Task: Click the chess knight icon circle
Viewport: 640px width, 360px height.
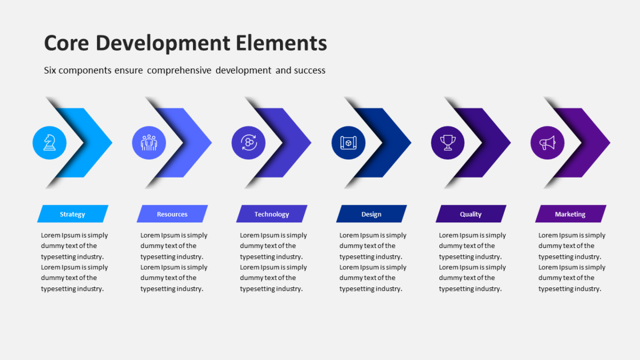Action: [x=50, y=142]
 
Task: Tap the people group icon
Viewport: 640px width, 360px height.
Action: [x=149, y=142]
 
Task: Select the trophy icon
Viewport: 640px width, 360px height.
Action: [x=447, y=142]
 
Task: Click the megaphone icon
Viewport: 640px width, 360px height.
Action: [x=547, y=142]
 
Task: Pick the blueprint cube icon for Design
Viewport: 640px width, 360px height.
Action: [x=348, y=142]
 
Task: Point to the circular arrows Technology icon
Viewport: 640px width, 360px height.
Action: [x=249, y=142]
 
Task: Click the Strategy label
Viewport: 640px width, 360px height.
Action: [x=73, y=214]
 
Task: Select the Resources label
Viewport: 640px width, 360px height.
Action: [x=172, y=214]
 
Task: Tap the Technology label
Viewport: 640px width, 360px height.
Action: [x=271, y=214]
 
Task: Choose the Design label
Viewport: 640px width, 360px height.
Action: [x=371, y=214]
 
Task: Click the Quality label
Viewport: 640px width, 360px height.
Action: [x=471, y=214]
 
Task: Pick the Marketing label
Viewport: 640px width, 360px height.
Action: [x=570, y=214]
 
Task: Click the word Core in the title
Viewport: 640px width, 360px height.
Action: [x=67, y=43]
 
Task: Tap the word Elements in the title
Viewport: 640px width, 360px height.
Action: [x=281, y=43]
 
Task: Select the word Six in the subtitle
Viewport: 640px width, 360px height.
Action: [x=50, y=70]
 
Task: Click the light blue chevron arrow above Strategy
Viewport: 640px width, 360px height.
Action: [x=83, y=142]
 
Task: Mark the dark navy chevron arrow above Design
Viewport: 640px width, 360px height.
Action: [x=381, y=142]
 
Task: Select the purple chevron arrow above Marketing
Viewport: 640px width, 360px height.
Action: [x=581, y=142]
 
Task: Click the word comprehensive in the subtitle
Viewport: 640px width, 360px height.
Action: [x=179, y=70]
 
